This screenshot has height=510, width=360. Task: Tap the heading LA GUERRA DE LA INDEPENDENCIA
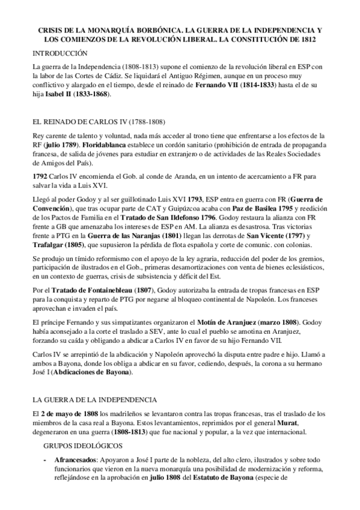(94, 382)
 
